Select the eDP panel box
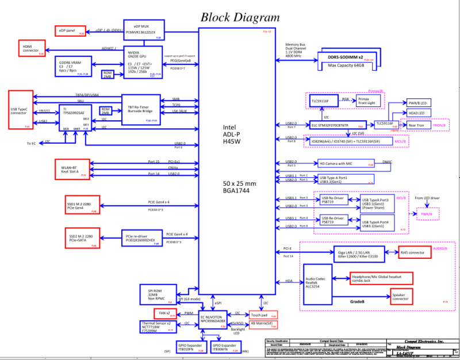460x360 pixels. coord(70,30)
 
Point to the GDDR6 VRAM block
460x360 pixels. coord(72,66)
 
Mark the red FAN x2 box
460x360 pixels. coord(165,313)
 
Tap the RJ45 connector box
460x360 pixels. coord(415,252)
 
